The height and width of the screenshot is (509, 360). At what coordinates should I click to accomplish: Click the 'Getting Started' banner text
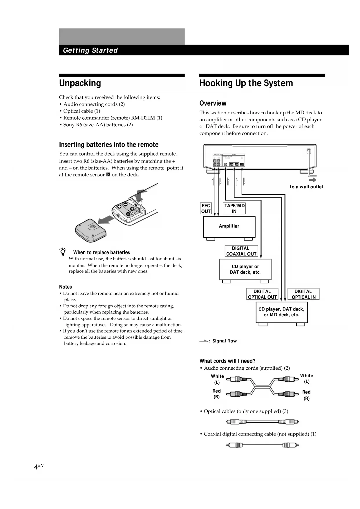point(90,50)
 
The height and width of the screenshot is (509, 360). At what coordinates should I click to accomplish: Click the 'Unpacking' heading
point(80,83)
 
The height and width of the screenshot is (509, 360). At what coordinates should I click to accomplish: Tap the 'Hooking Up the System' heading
point(246,83)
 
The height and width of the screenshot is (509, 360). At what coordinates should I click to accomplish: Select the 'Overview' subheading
point(213,103)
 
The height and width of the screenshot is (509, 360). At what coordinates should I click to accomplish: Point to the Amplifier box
point(229,227)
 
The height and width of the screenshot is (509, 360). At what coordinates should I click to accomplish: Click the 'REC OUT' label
point(206,208)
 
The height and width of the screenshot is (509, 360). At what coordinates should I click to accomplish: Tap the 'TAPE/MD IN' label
point(234,208)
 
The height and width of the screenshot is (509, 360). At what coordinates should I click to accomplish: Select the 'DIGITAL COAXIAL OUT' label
point(241,251)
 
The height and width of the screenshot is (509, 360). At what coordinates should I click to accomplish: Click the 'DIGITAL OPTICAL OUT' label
point(262,294)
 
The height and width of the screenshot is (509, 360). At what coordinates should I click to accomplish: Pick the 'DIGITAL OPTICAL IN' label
point(303,294)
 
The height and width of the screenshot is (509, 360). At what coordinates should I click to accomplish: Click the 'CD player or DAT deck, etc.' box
point(245,269)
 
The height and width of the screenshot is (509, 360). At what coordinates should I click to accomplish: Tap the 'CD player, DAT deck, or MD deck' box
point(281,312)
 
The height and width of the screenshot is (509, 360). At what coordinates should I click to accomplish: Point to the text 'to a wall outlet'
point(306,187)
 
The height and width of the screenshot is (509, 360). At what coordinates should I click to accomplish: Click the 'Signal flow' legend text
point(224,341)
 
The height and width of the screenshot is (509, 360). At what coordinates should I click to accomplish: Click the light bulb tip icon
point(63,252)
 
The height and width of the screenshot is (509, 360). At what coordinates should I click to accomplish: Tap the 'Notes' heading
point(65,287)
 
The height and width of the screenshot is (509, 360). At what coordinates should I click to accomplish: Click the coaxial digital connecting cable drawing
point(263,445)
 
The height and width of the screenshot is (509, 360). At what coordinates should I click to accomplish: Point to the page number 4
point(36,467)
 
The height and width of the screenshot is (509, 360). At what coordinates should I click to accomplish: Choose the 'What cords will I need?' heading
point(227,361)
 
